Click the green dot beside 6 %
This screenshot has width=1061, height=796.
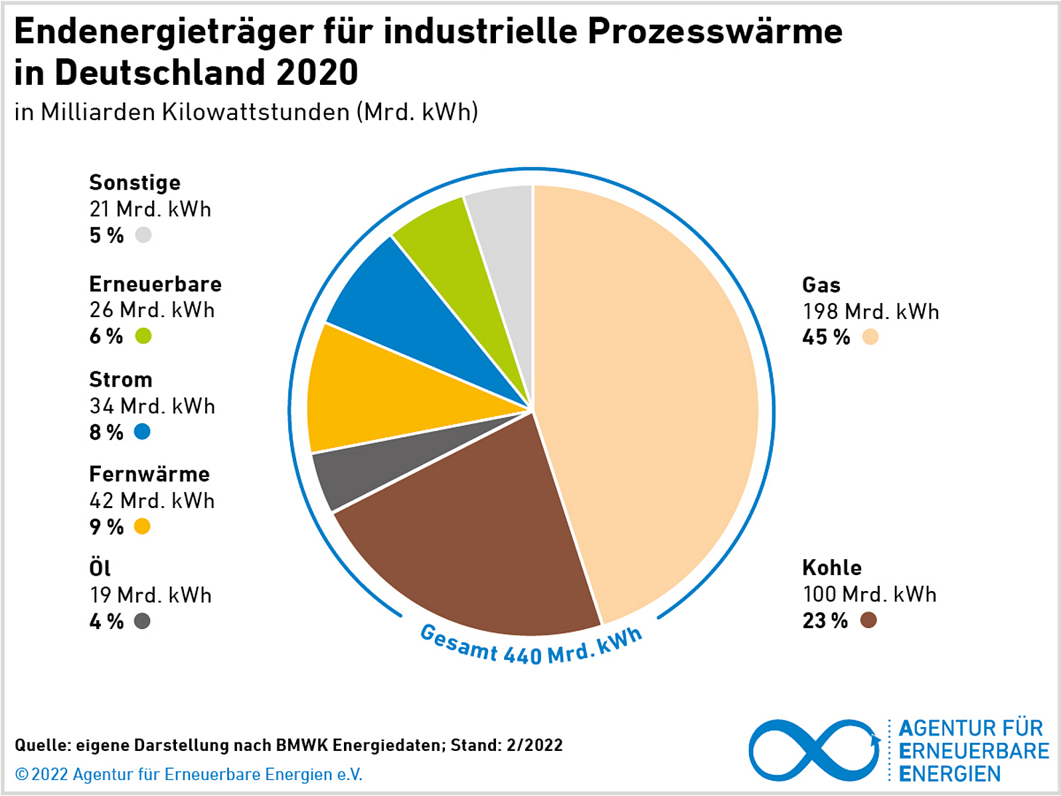coord(143,336)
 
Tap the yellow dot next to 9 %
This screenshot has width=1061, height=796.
coord(142,527)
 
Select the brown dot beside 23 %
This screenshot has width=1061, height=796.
coord(868,621)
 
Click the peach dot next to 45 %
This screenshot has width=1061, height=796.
coord(870,338)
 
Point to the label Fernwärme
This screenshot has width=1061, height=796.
coord(149,474)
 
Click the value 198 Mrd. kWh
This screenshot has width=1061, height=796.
coord(870,312)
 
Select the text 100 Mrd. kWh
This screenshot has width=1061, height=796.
coord(869,594)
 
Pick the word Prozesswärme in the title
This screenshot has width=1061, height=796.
coord(714,31)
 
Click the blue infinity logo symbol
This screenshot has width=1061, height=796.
coord(814,750)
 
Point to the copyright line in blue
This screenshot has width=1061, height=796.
coord(189,775)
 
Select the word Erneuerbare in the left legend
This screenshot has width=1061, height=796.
coord(155,285)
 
